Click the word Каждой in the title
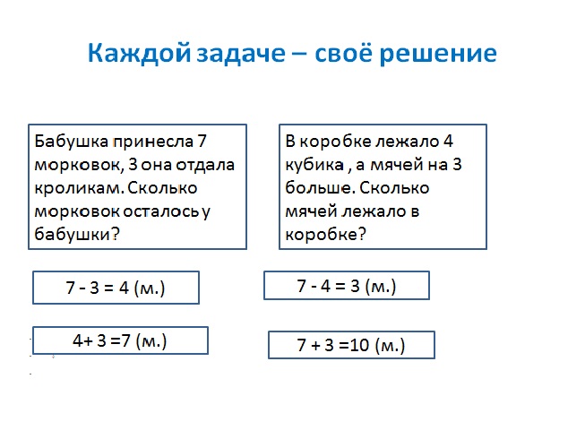point(139,54)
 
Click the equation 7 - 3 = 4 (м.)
point(116,288)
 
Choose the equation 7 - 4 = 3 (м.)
point(347,286)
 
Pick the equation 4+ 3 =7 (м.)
point(120,340)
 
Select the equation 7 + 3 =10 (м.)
point(351,345)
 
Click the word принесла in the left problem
point(153,142)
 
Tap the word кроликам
point(79,188)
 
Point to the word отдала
point(205,165)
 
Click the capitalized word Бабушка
point(72,142)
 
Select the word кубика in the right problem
point(314,165)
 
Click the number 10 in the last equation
point(359,345)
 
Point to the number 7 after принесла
point(202,142)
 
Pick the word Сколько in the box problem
point(394,188)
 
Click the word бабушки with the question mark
point(77,235)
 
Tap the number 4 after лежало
point(448,142)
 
